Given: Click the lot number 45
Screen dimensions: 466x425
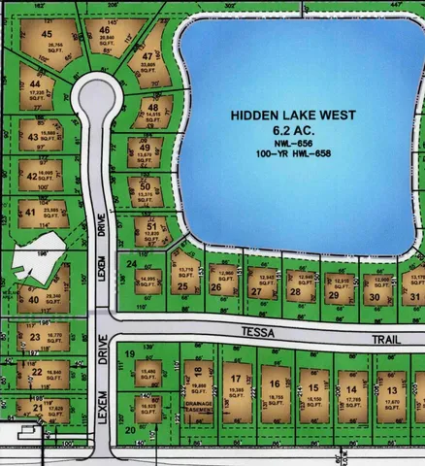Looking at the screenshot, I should click(x=47, y=35).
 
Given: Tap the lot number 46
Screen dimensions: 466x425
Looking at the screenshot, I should click(x=104, y=31).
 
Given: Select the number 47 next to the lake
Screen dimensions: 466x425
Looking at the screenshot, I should click(x=147, y=57).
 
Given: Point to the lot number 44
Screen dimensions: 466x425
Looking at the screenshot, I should click(x=34, y=84).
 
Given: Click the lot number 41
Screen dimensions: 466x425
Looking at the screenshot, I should click(x=30, y=213).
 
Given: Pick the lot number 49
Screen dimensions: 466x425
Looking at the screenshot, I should click(x=145, y=148).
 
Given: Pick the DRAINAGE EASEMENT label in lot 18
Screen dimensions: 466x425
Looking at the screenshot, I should click(x=197, y=408).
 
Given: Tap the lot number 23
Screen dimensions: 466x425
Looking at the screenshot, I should click(x=35, y=337).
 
